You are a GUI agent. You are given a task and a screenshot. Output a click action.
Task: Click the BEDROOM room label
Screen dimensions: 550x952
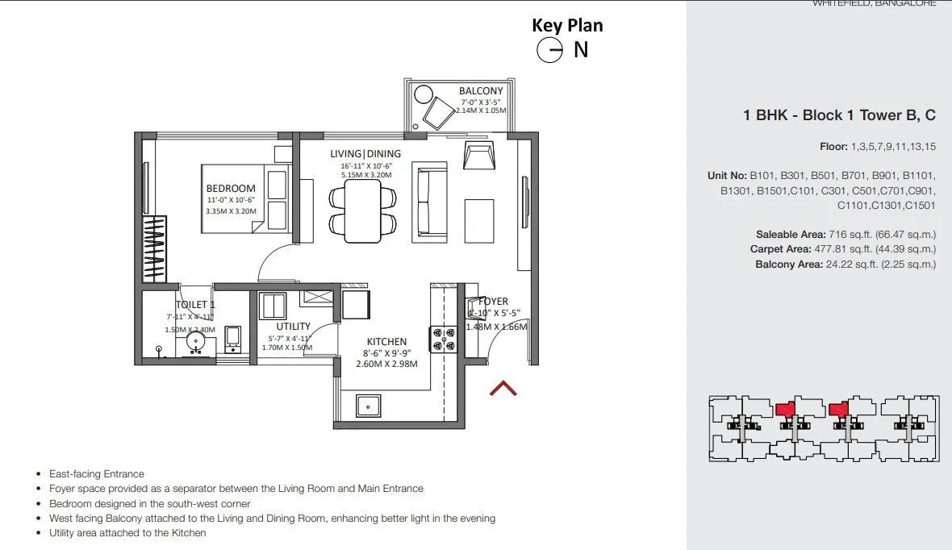tap(231, 189)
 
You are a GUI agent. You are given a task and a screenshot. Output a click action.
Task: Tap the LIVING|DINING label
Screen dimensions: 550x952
tap(365, 153)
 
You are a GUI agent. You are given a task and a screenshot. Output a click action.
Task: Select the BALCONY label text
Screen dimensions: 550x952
tap(481, 91)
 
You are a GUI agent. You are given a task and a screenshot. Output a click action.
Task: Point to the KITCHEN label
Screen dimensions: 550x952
tap(386, 342)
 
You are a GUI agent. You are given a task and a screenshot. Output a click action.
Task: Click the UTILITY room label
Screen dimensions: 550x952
tap(293, 327)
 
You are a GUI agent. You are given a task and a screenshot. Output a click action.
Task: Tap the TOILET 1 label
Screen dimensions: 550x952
tap(195, 305)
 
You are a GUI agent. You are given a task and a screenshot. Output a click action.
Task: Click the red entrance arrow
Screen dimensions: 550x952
tap(503, 390)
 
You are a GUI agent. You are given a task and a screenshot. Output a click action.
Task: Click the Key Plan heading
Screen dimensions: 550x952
tap(567, 25)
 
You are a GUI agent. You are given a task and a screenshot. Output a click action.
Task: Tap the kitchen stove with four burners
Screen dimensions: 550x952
tap(442, 337)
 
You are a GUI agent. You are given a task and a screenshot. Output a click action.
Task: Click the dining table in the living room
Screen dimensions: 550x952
tap(363, 210)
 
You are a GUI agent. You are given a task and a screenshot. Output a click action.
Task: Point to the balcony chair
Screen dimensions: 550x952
tap(440, 111)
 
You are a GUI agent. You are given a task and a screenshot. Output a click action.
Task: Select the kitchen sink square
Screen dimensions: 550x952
tap(370, 405)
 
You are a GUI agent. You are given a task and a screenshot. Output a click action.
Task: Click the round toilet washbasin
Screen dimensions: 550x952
tap(198, 342)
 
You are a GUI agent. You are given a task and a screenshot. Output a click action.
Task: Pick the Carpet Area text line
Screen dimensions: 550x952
tap(842, 249)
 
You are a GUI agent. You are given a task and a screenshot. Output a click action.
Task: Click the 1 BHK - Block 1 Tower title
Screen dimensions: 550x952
tap(839, 115)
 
